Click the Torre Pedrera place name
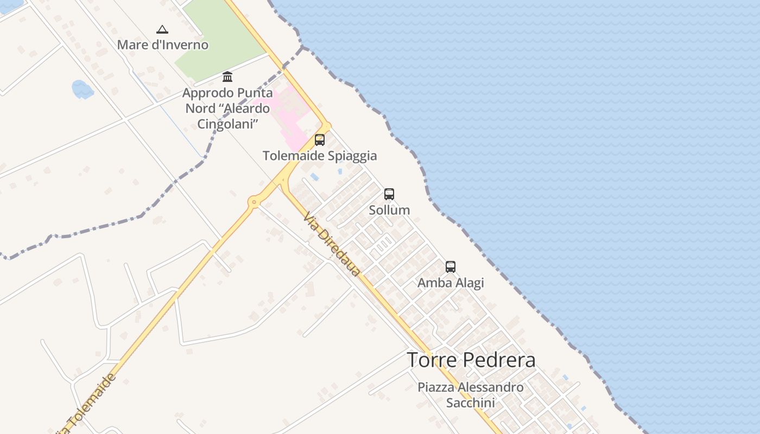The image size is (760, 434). (471, 360)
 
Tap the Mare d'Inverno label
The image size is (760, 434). (163, 44)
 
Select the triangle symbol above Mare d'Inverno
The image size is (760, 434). (162, 29)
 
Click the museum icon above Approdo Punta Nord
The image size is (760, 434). (227, 77)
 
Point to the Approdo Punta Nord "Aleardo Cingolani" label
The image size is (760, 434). (227, 108)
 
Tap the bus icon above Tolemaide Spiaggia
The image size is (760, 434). (320, 140)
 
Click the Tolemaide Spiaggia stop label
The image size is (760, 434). (320, 156)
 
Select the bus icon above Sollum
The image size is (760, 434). (389, 194)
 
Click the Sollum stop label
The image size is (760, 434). (389, 210)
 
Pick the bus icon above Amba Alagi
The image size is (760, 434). (451, 267)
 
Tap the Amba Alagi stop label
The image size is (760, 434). (451, 283)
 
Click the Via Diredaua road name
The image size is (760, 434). (331, 244)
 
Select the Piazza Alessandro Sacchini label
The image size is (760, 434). (471, 395)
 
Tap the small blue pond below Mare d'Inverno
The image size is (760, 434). (83, 89)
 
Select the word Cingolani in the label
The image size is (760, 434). (227, 124)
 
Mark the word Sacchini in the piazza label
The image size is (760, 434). (471, 403)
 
